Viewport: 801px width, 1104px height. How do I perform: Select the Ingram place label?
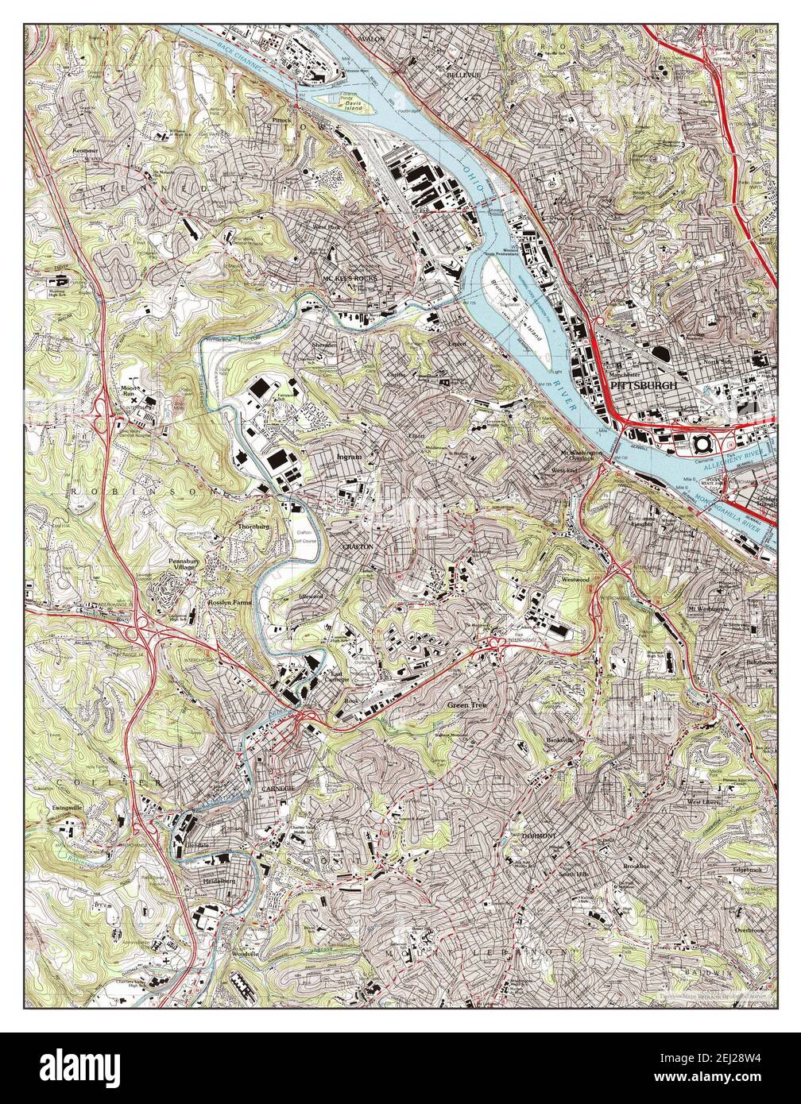point(349,458)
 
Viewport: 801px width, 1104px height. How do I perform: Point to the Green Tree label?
point(466,704)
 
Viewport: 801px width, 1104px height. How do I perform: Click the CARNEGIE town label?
point(277,787)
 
